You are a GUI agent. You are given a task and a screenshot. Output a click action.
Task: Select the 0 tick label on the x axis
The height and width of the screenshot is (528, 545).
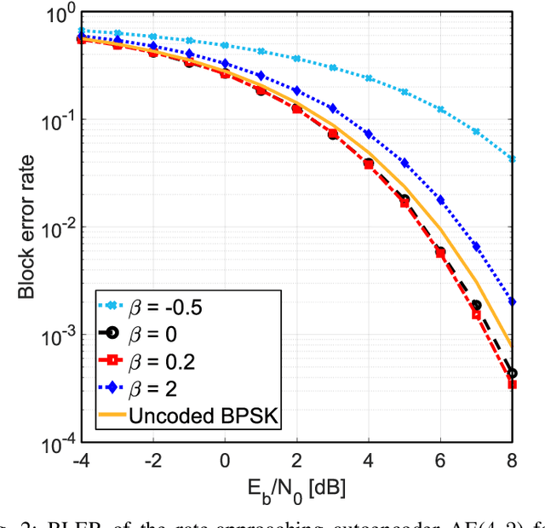[x=225, y=461]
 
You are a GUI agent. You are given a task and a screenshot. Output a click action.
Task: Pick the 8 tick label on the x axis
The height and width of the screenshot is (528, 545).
[x=512, y=461]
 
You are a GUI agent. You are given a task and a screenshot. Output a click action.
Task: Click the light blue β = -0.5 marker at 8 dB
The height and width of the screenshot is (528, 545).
[x=512, y=158]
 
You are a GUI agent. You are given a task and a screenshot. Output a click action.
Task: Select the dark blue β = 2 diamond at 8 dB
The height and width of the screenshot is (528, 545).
[x=512, y=301]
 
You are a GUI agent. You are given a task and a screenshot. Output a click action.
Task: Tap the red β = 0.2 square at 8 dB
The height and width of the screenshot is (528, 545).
[x=512, y=384]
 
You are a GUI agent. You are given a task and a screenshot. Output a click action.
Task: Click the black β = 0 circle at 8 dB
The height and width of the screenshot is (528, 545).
[x=512, y=373]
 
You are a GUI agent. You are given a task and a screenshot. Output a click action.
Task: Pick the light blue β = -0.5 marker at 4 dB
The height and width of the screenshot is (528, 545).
[x=369, y=77]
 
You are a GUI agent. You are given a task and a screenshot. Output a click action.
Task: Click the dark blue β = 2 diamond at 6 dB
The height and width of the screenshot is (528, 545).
[x=440, y=200]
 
